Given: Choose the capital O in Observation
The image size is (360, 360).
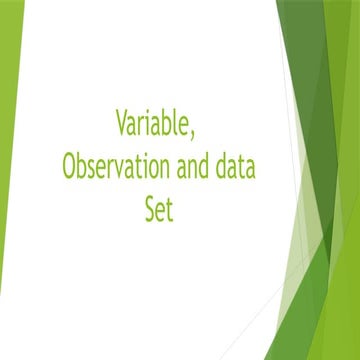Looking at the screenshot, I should (69, 166).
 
